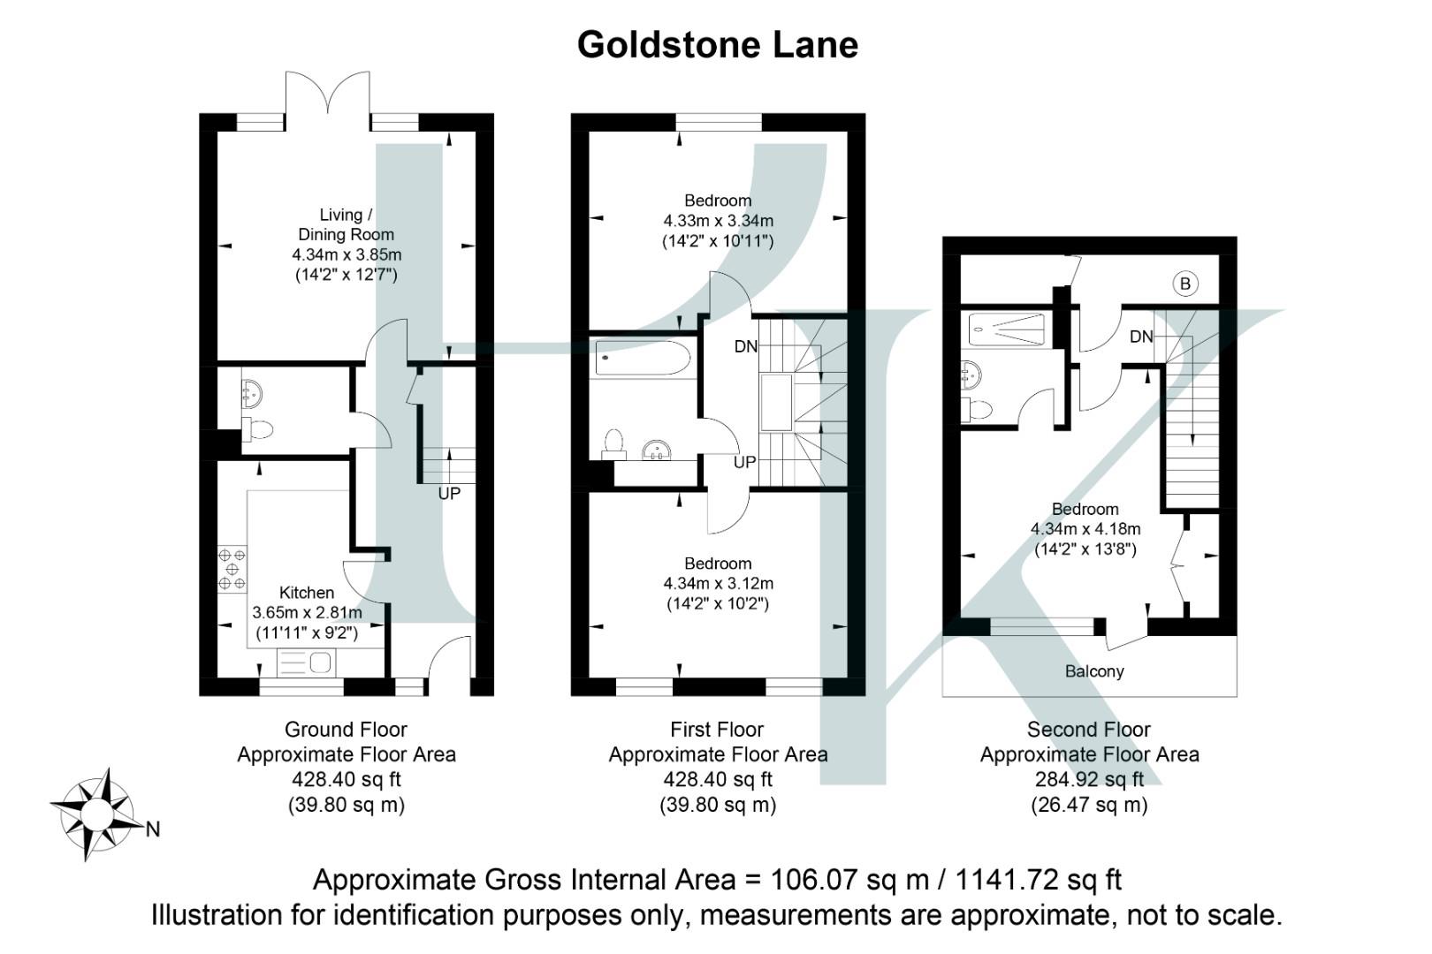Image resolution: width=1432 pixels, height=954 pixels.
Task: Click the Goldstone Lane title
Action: click(717, 44)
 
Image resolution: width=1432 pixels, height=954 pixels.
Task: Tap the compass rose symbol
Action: click(97, 814)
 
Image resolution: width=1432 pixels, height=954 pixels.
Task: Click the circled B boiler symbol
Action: click(1185, 284)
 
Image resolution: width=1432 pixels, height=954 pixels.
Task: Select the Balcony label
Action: click(1094, 671)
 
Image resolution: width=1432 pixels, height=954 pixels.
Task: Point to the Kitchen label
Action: click(307, 593)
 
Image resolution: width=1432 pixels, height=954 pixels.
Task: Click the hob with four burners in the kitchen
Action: click(232, 570)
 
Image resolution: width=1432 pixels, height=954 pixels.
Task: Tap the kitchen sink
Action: click(307, 662)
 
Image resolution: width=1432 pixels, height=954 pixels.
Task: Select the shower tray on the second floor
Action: click(1007, 329)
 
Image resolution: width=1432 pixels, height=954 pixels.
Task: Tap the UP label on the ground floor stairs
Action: click(449, 494)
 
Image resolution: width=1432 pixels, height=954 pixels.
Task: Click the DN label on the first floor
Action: click(746, 346)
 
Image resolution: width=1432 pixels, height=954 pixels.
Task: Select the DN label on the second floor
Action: click(1141, 337)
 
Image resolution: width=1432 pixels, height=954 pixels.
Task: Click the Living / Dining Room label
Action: click(346, 224)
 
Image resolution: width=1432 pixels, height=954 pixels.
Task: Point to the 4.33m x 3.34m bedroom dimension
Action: click(718, 221)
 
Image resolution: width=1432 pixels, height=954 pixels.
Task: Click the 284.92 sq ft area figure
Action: click(1089, 780)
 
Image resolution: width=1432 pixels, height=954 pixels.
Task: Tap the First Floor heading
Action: click(717, 730)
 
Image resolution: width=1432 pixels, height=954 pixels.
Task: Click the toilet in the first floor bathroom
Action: click(613, 442)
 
